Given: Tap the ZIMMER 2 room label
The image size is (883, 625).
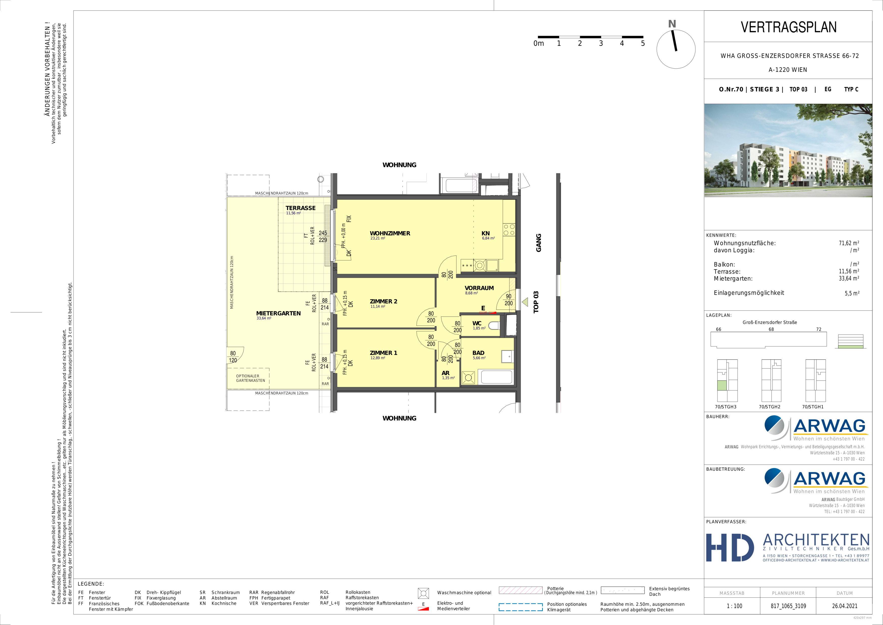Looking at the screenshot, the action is [383, 301].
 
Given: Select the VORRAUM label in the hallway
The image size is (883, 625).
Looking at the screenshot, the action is [479, 288].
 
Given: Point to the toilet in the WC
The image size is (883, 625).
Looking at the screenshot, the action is [494, 326].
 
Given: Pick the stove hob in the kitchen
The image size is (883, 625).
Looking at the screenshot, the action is [509, 230].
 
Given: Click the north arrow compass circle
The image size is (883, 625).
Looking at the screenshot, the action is [676, 49].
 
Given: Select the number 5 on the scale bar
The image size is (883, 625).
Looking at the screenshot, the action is [643, 43].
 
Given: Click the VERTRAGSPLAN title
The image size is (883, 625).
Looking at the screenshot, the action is [788, 27].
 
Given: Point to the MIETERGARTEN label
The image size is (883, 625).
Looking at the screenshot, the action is [279, 313].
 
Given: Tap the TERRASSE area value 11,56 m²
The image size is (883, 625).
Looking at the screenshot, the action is [293, 213].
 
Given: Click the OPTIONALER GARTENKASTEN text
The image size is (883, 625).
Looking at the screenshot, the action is [250, 378].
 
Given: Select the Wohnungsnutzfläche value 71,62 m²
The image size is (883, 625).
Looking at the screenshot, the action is [849, 243].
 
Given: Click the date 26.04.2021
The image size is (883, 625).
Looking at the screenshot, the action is [845, 606].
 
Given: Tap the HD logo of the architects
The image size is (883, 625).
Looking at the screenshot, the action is [730, 548].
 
